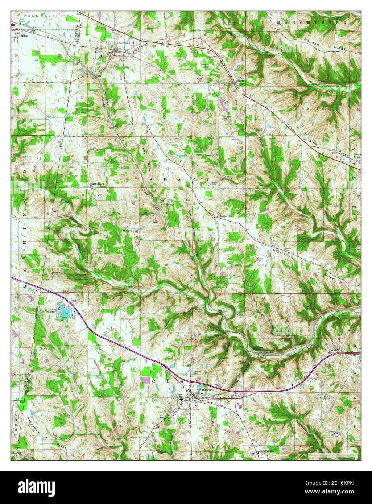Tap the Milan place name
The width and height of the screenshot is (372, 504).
(25, 36)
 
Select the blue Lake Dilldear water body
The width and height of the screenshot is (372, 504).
(65, 311)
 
